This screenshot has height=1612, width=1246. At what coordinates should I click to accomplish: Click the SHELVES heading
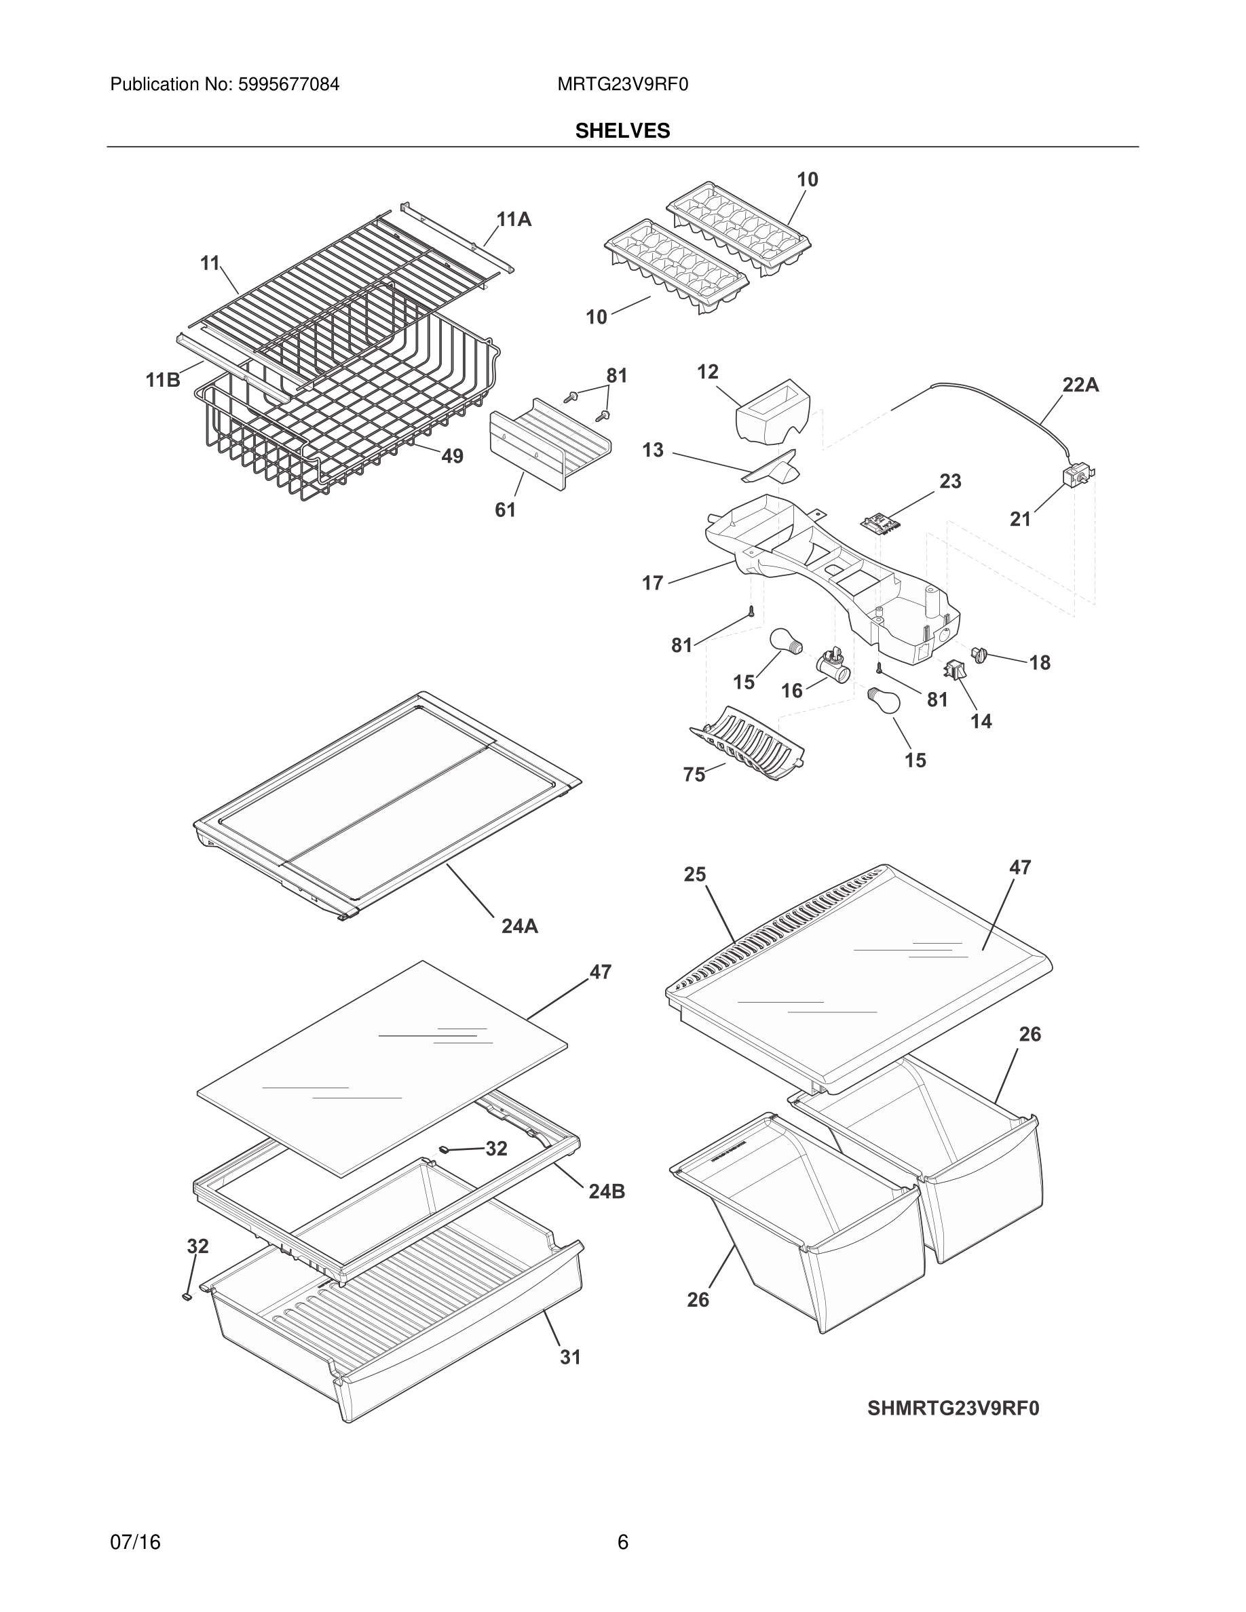tap(622, 131)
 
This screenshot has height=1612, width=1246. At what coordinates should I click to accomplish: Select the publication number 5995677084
tap(288, 85)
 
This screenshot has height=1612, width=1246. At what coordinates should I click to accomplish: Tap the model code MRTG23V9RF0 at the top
tap(622, 85)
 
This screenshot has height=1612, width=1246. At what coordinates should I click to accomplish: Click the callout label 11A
tap(514, 219)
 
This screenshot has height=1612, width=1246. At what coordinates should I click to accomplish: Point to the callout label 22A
tap(1080, 385)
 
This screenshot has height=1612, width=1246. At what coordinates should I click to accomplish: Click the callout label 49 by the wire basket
tap(452, 456)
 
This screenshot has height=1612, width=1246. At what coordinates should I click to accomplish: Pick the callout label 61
tap(505, 510)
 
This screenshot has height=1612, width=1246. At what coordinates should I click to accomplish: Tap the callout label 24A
tap(520, 926)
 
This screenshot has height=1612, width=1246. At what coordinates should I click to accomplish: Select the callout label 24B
tap(607, 1191)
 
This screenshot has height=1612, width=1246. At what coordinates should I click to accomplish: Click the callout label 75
tap(694, 775)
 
